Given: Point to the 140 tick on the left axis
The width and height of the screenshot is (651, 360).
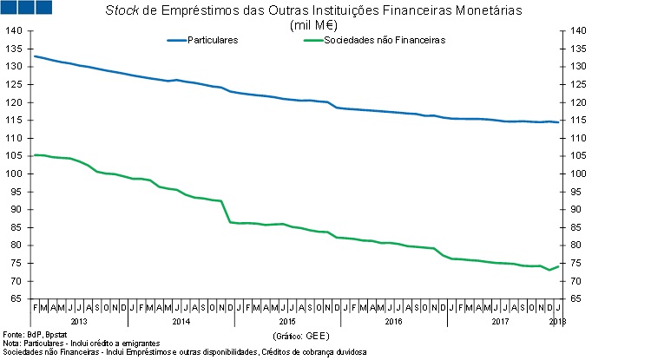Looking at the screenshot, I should pyautogui.click(x=13, y=31).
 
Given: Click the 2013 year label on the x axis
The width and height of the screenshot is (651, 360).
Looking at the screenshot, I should pyautogui.click(x=79, y=322).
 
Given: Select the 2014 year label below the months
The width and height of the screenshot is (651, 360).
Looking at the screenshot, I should pyautogui.click(x=181, y=322).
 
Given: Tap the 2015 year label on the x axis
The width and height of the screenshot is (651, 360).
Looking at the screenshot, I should pyautogui.click(x=287, y=322).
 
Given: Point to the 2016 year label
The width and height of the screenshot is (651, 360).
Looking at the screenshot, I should pyautogui.click(x=393, y=322).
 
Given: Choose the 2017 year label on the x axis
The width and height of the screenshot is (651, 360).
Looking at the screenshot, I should pyautogui.click(x=499, y=322).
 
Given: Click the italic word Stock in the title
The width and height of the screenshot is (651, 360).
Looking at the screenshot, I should pyautogui.click(x=122, y=11).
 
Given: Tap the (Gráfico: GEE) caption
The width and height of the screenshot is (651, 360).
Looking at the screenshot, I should pyautogui.click(x=300, y=334).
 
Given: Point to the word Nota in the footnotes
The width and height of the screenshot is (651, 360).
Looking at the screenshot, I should pyautogui.click(x=10, y=344).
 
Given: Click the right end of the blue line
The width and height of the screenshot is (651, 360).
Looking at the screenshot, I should pyautogui.click(x=558, y=122).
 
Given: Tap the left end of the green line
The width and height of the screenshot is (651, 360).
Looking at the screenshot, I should pyautogui.click(x=34, y=155).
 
